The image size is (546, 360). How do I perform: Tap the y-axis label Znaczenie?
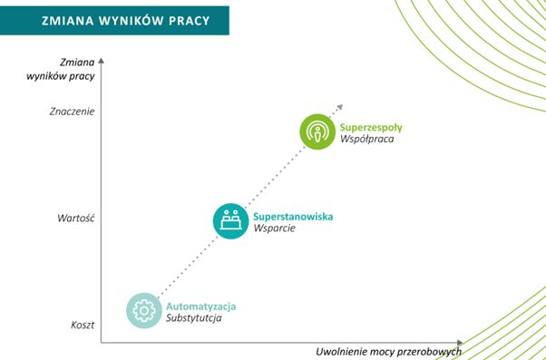(72, 112)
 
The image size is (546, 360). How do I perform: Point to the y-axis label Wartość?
(77, 218)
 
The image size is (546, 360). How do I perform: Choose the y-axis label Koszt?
(83, 324)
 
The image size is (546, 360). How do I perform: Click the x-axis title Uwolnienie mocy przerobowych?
(388, 351)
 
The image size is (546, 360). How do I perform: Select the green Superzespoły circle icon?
(317, 131)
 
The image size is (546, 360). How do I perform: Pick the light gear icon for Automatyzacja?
(142, 309)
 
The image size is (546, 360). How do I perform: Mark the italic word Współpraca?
(367, 139)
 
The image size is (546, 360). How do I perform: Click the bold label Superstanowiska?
(292, 215)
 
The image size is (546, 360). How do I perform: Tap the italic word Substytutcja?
(194, 318)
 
